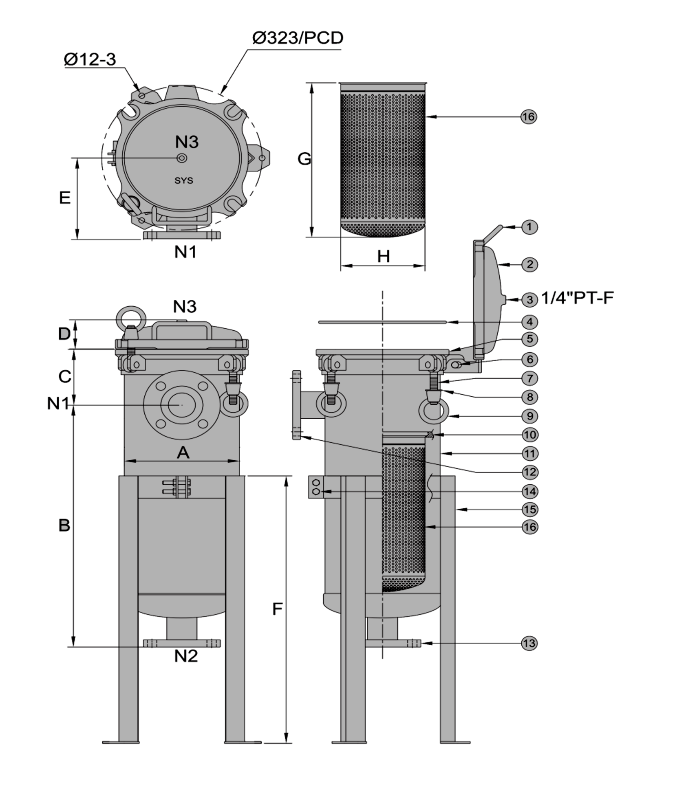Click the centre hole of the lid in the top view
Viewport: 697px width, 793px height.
[182, 158]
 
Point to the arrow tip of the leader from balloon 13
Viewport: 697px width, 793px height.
[421, 643]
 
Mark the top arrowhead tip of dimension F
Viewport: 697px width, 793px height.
[287, 476]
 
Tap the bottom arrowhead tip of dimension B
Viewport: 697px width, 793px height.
[74, 646]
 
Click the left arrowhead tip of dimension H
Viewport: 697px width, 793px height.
[341, 266]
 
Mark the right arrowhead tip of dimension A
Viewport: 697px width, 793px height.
[239, 461]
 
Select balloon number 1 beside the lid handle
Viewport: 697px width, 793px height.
[529, 227]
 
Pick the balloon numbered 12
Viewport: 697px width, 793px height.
[529, 472]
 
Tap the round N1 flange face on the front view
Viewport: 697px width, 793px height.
[182, 404]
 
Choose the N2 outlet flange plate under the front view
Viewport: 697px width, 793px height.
[182, 643]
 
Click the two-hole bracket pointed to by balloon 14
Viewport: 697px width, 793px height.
[316, 487]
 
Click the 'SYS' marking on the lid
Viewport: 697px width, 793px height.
[184, 180]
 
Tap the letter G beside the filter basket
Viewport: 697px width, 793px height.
[304, 158]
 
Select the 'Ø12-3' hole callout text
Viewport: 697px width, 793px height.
[90, 60]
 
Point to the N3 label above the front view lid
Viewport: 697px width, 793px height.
[185, 306]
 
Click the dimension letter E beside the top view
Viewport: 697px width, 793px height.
[65, 198]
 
